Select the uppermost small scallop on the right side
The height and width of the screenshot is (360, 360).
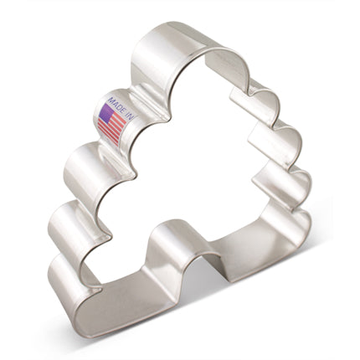point(266,96)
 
